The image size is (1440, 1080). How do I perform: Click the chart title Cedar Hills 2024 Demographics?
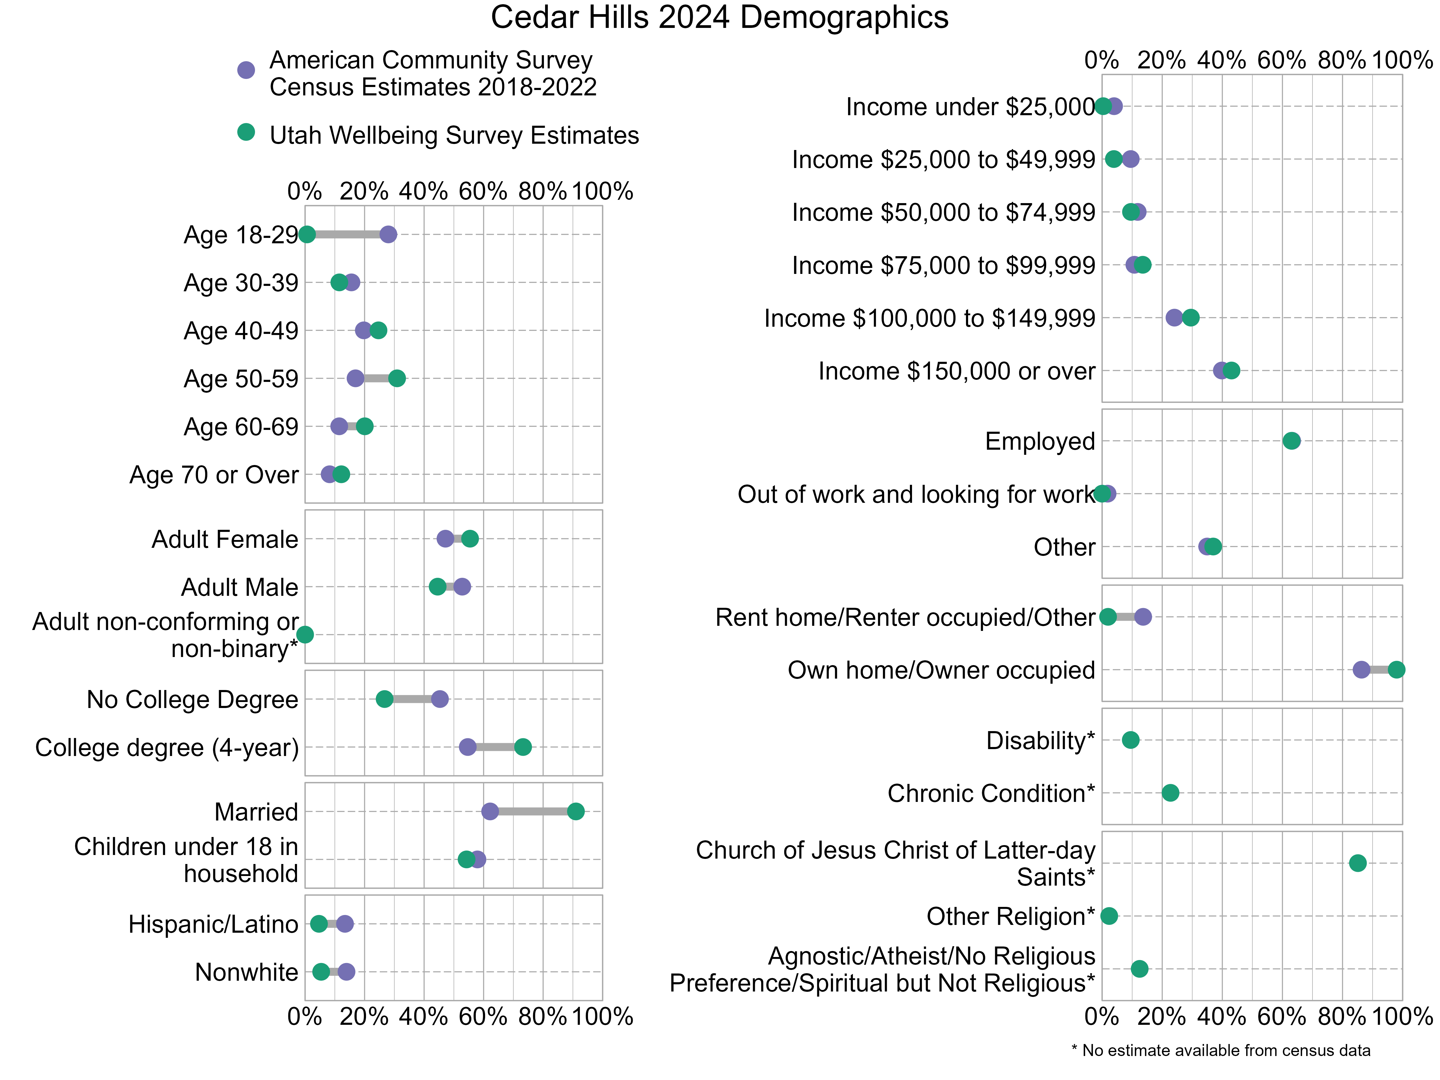[x=719, y=18]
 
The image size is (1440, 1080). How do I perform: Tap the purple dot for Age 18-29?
[x=388, y=234]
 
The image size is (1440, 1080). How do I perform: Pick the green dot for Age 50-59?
[x=397, y=378]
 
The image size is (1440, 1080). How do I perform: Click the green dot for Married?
[x=575, y=811]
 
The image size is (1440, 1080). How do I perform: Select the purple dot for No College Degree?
[x=440, y=699]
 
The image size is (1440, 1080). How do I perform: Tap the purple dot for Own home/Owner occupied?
[x=1361, y=670]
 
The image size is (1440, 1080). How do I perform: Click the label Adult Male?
[x=240, y=587]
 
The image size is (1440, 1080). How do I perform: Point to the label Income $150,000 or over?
[x=956, y=371]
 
